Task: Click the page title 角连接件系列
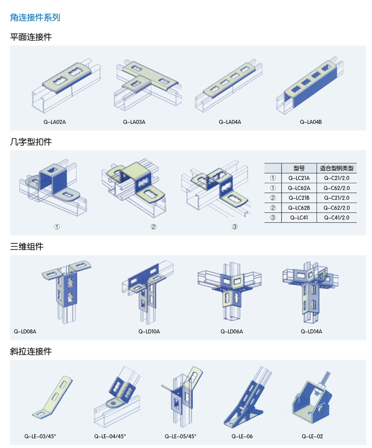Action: (x=35, y=17)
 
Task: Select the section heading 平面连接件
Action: (x=31, y=37)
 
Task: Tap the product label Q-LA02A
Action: (x=55, y=122)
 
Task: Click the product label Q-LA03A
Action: (x=134, y=122)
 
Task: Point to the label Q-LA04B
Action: (x=311, y=122)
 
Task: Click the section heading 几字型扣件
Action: (x=31, y=142)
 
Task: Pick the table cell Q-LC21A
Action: (x=299, y=178)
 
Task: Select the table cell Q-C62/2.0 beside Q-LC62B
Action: (x=336, y=208)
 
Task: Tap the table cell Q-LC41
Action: (x=299, y=218)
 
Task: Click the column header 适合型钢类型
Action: (x=336, y=168)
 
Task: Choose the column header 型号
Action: (x=299, y=168)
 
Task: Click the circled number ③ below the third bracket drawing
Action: (x=235, y=227)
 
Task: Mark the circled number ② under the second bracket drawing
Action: (x=153, y=227)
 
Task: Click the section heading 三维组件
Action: (x=27, y=247)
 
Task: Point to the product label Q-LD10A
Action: (x=149, y=332)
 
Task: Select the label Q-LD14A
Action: (x=311, y=332)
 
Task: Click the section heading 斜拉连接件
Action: (x=31, y=351)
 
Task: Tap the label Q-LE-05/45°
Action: (x=180, y=436)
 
